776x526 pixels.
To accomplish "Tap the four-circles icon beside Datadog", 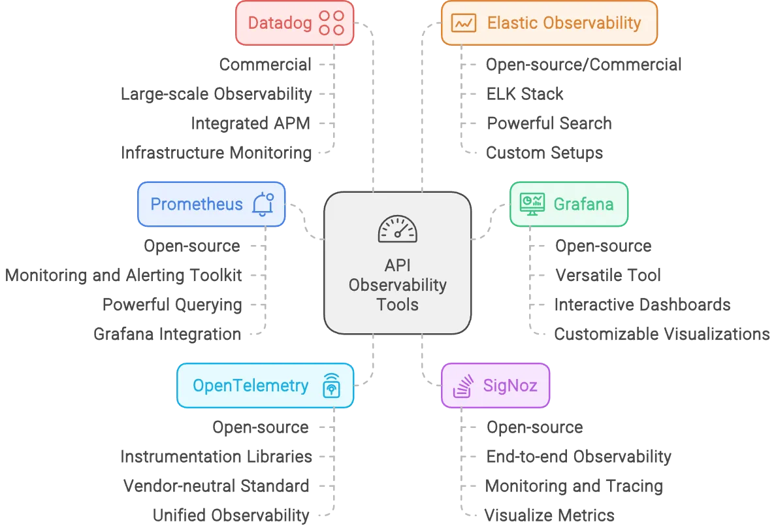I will pos(331,23).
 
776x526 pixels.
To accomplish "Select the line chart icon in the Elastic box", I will pos(464,24).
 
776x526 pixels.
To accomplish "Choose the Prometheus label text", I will pos(196,204).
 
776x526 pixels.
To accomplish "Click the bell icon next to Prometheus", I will pos(263,204).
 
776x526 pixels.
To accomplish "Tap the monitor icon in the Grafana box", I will pos(532,204).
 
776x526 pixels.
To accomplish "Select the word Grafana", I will pos(583,204).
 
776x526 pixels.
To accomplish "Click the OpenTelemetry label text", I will pos(250,386).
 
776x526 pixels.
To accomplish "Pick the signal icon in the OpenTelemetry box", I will pos(332,386).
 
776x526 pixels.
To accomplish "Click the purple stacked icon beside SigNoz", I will pos(463,386).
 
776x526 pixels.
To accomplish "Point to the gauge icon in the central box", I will pos(397,229).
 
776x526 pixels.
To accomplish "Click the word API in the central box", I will pos(397,267).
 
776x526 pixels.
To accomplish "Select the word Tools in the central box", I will pos(397,304).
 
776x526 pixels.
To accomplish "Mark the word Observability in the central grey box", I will pos(397,285).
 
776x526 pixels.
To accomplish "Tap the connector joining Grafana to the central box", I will pos(489,222).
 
